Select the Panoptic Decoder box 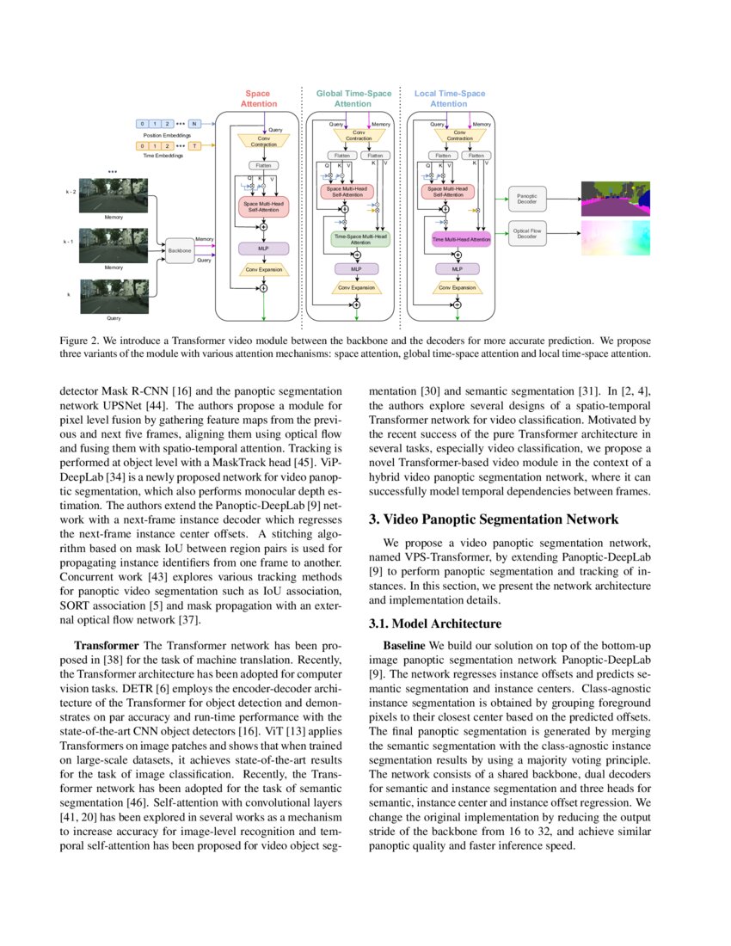(x=526, y=200)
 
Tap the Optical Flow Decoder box (x=526, y=234)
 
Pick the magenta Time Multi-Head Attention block (x=461, y=239)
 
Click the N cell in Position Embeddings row (x=194, y=124)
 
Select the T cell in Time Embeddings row (x=194, y=146)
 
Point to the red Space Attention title (x=258, y=98)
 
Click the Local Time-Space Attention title (x=449, y=98)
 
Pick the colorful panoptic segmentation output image (x=616, y=199)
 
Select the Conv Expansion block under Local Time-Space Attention (x=458, y=287)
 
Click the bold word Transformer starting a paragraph (x=107, y=645)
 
